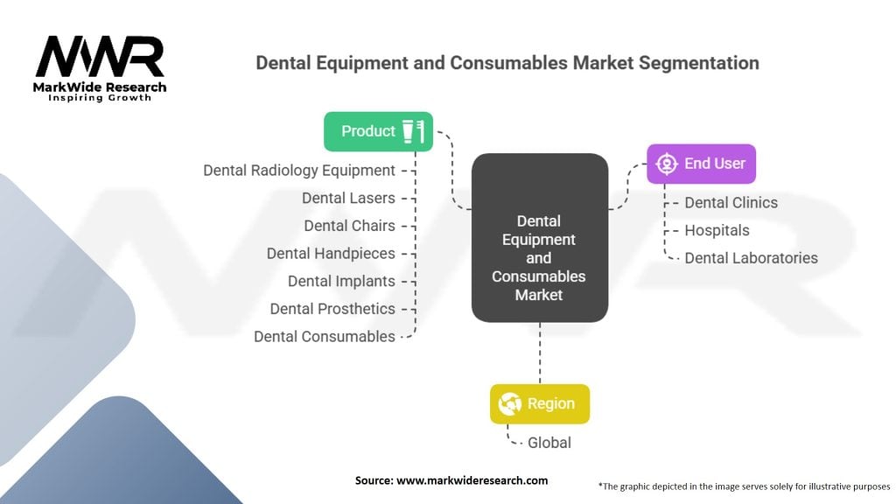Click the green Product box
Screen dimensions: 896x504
(x=377, y=131)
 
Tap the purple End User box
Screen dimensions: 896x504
(x=701, y=164)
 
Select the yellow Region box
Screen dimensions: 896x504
(x=539, y=403)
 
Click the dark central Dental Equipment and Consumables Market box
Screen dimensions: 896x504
(x=539, y=238)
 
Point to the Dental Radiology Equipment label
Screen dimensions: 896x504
(x=299, y=170)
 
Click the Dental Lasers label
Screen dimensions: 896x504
(x=348, y=198)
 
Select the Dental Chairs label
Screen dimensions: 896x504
(x=349, y=226)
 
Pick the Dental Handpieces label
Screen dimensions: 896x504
(x=331, y=253)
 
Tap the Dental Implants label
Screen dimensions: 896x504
(x=341, y=281)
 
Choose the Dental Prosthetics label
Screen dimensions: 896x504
(x=332, y=309)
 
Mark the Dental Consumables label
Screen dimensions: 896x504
(x=325, y=336)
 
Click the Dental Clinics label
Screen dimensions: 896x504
(x=731, y=202)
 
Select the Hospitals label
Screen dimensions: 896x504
(x=717, y=230)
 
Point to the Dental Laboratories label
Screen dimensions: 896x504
(x=751, y=258)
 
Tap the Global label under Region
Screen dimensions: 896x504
(x=549, y=442)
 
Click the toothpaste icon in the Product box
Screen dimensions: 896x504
(x=413, y=131)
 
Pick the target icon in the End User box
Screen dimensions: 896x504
(x=667, y=164)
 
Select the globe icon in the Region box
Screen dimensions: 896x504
(x=509, y=404)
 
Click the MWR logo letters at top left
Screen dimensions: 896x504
(x=100, y=58)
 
